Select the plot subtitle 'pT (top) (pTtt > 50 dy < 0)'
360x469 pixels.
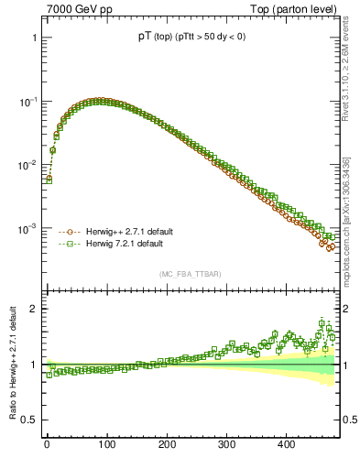tap(192, 37)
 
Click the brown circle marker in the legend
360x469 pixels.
tap(67, 232)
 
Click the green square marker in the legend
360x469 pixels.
tap(67, 245)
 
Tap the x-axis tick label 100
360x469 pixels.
tap(106, 443)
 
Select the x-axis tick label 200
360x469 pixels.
tap(167, 443)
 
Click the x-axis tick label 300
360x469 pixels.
tap(226, 443)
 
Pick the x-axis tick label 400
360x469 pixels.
tap(286, 443)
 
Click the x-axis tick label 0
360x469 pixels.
tap(47, 443)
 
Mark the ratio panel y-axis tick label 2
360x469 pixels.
tap(33, 309)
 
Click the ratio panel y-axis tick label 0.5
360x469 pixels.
tap(29, 420)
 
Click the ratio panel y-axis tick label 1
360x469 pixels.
tap(33, 365)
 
